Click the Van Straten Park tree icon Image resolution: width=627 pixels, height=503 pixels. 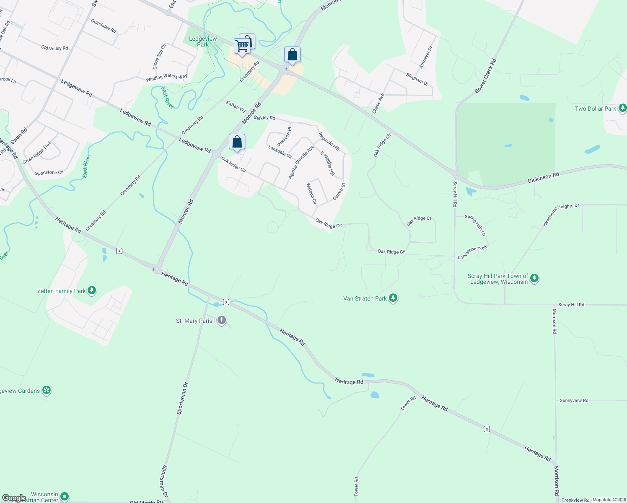pos(393,298)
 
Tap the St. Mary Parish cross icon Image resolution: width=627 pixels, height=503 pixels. pos(222,321)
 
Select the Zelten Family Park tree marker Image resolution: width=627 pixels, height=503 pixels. pos(92,290)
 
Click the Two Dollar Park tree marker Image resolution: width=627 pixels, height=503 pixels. pos(622,109)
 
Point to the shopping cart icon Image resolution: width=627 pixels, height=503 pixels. pos(242,46)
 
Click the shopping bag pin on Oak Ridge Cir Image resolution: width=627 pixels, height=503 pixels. pos(237,143)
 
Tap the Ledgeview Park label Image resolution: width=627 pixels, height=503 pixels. pos(203,41)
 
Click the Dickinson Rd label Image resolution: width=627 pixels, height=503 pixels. pos(543,178)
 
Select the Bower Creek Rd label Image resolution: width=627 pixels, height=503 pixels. pos(485,76)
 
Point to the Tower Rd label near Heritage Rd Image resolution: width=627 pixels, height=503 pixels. pos(408,403)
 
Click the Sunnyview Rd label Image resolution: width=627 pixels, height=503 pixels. pos(574,401)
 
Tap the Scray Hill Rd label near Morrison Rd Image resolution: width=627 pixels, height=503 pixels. pos(571,305)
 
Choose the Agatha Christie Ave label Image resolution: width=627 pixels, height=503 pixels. pos(301,162)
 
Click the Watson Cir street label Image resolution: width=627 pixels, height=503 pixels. pos(311,194)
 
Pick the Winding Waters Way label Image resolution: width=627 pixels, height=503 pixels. pos(166,78)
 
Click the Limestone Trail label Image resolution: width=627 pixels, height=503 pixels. pos(472,252)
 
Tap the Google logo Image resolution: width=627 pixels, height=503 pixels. pos(14,498)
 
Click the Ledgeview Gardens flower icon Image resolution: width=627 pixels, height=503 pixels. pos(47,391)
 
